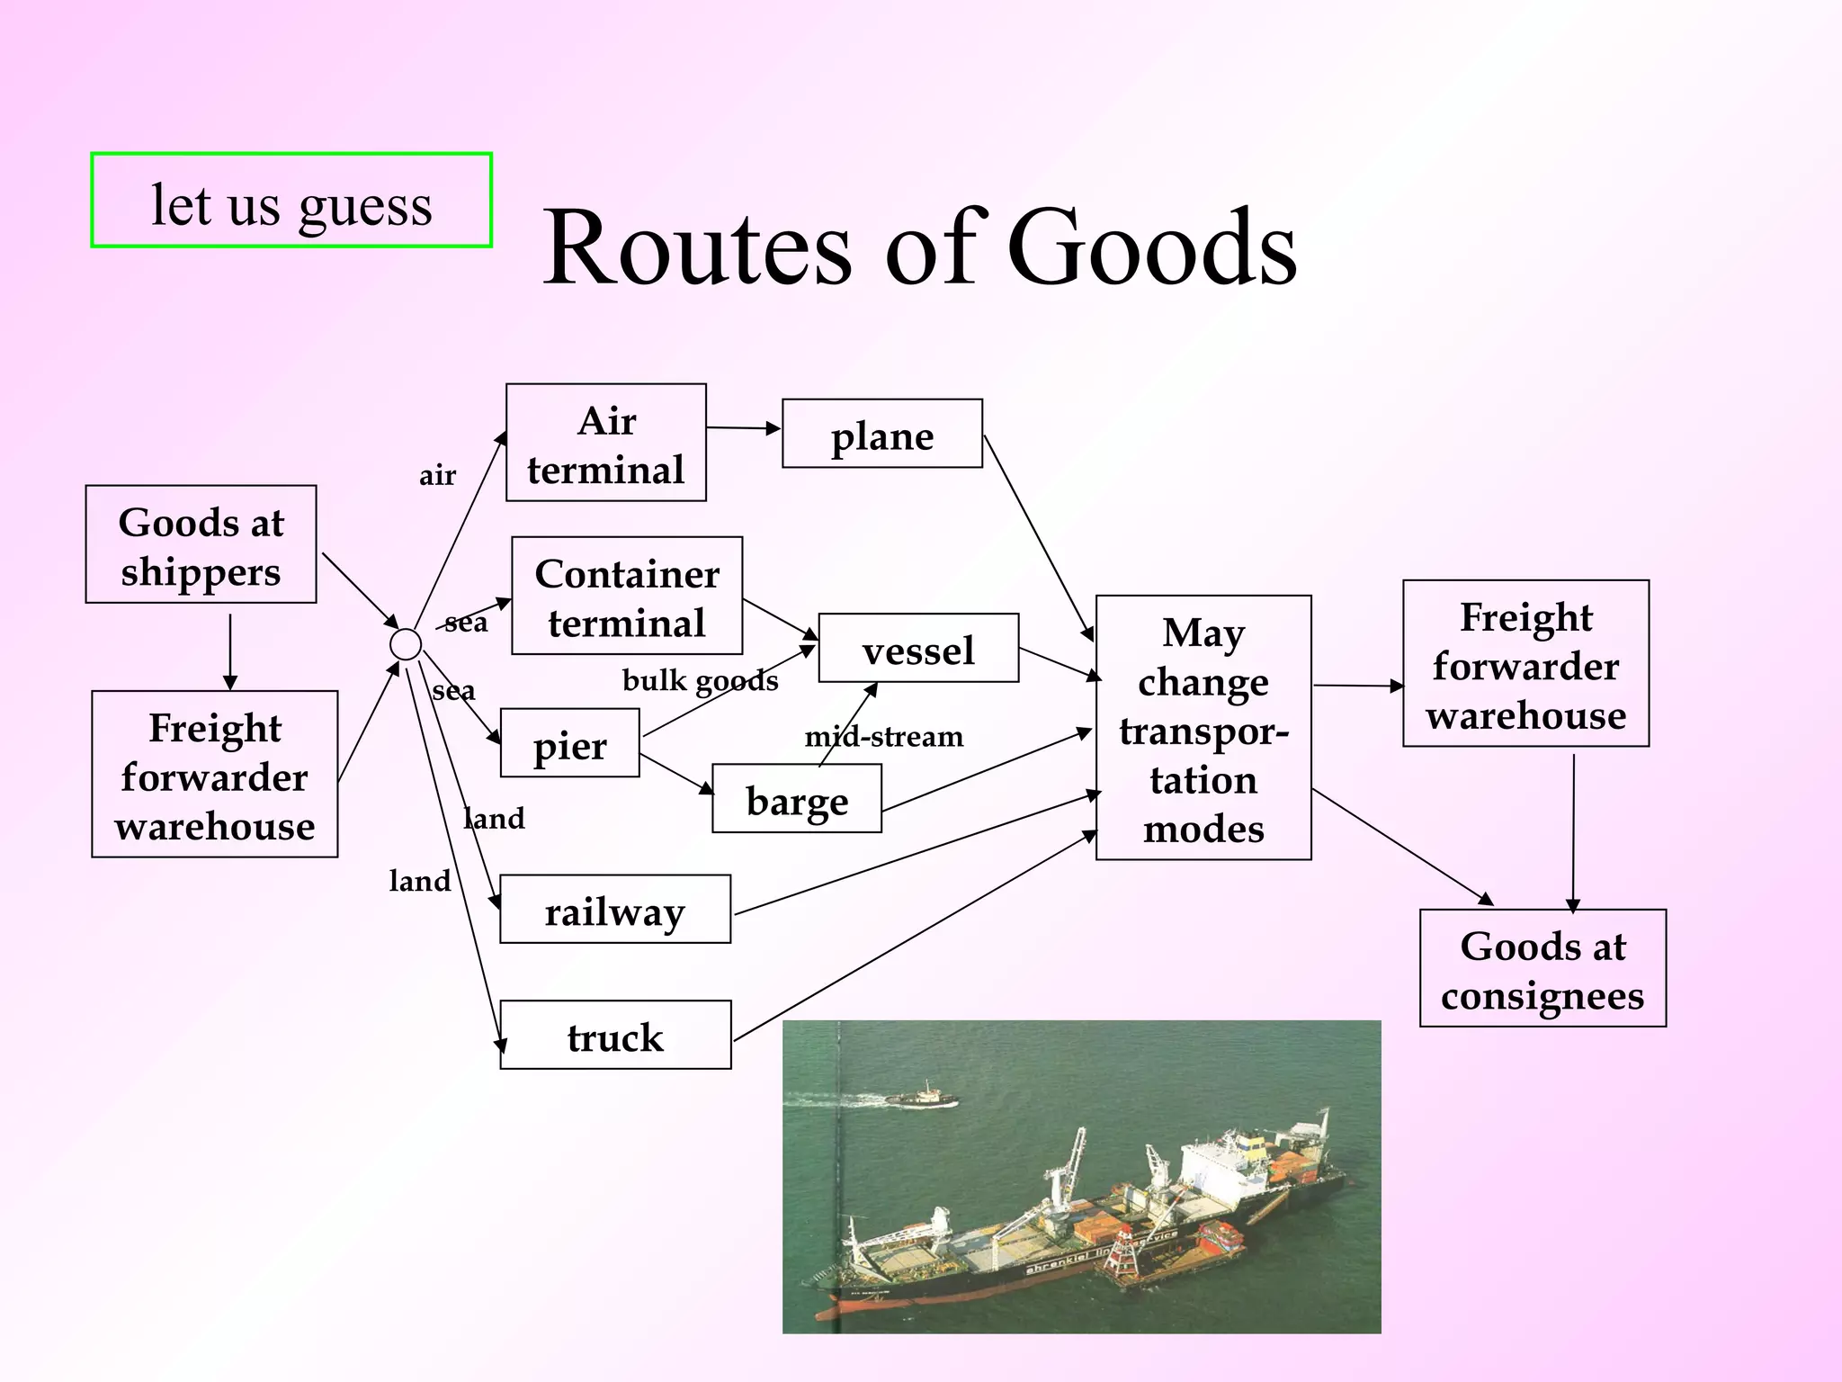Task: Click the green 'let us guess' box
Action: tap(291, 200)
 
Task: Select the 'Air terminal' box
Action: tap(606, 443)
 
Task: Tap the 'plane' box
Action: tap(882, 434)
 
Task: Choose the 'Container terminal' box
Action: tap(627, 596)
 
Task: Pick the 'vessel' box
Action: tap(918, 648)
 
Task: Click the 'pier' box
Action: tap(570, 743)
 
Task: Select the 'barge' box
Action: tap(797, 799)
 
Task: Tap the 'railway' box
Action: tap(615, 909)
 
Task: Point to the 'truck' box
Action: tap(615, 1035)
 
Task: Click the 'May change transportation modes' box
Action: tap(1203, 728)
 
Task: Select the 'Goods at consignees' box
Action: tap(1542, 968)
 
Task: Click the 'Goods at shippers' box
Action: tap(201, 544)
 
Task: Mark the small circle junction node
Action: tap(406, 644)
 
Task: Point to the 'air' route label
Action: tap(438, 475)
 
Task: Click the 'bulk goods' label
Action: tap(700, 680)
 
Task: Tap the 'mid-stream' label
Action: tap(883, 737)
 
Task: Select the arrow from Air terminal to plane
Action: tap(743, 428)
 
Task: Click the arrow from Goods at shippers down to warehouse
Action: tap(230, 651)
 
